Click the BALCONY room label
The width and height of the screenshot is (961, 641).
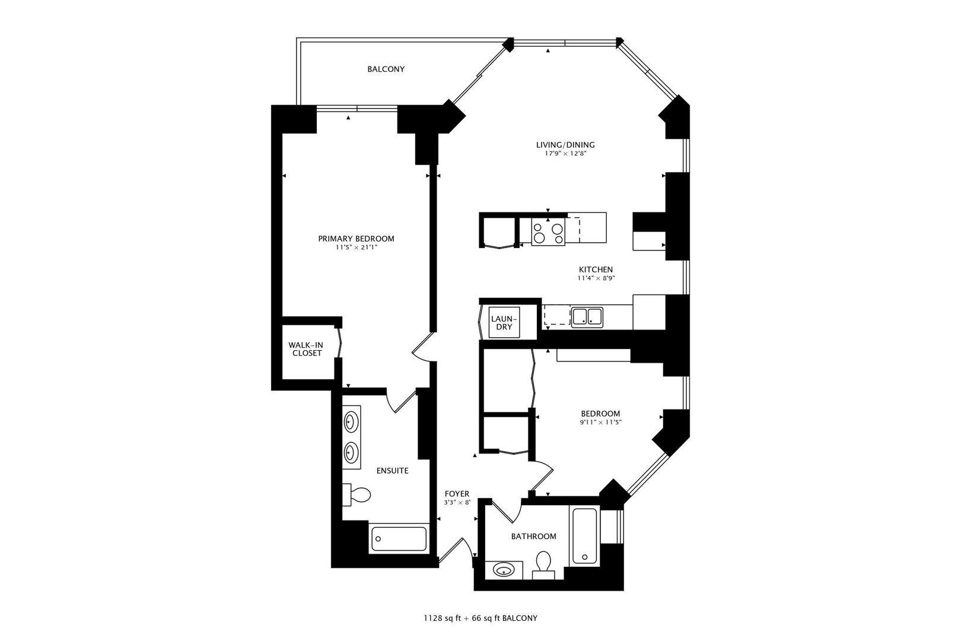coord(386,69)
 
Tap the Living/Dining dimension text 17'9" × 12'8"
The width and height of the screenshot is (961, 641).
coord(565,154)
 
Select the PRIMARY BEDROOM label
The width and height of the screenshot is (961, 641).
coord(356,239)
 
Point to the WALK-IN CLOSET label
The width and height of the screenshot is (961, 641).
coord(307,349)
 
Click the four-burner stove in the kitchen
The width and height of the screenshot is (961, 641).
coord(548,232)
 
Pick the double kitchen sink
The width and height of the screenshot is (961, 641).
coord(587,318)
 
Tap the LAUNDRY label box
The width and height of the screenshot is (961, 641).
coord(504,322)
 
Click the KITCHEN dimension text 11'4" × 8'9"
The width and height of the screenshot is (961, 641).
coord(596,278)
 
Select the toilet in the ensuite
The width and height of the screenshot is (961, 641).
coord(357,494)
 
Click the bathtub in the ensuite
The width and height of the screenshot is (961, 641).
coord(399,539)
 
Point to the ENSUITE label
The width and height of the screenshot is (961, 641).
coord(392,471)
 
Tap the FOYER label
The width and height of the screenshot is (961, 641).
coord(457,494)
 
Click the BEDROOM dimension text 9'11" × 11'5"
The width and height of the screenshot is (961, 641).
coord(600,422)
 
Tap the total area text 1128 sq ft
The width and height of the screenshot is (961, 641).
coord(443,618)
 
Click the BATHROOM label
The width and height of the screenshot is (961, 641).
coord(534,536)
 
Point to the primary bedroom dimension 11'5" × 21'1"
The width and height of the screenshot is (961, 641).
coord(357,247)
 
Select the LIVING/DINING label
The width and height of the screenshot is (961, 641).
coord(565,145)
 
